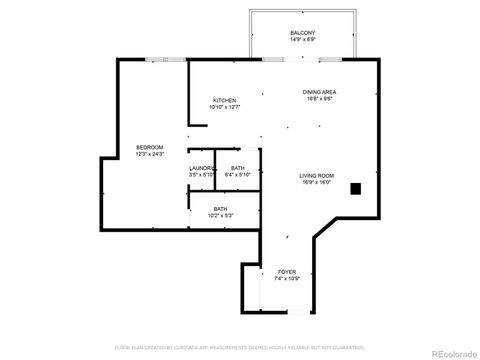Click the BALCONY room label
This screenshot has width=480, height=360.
(x=303, y=33)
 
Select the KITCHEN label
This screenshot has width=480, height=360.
(x=224, y=100)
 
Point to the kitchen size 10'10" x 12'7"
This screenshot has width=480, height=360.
(x=224, y=108)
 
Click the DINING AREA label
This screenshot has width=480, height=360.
(x=319, y=92)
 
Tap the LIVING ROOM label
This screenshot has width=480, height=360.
(x=316, y=176)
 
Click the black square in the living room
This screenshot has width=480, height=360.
(x=355, y=187)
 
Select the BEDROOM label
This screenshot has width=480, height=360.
(x=149, y=147)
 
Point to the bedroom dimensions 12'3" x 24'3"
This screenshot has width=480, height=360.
(x=149, y=155)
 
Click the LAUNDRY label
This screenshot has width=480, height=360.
(x=202, y=168)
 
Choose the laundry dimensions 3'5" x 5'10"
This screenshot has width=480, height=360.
(x=202, y=176)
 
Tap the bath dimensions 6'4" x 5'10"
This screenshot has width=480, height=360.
(x=237, y=176)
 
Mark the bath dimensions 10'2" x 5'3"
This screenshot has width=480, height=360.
(x=220, y=216)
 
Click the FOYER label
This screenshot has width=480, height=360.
(x=287, y=271)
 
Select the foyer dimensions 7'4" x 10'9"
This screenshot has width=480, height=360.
(x=287, y=279)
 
